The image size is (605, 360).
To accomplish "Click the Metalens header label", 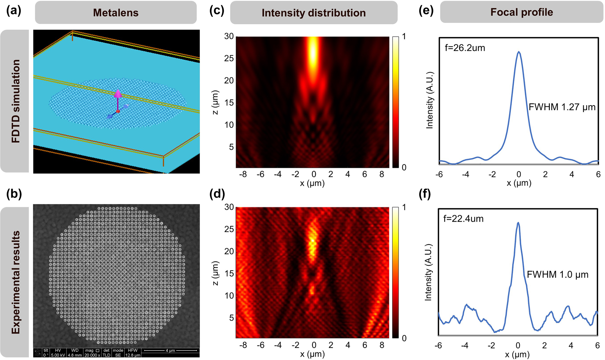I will (x=116, y=13).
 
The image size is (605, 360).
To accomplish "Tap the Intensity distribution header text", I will (x=313, y=13).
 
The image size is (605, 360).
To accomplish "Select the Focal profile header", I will (x=522, y=12).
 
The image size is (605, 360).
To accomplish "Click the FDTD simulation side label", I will (x=15, y=101).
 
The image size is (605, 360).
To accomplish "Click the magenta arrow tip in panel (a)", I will (x=118, y=93).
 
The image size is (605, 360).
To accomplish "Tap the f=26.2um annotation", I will (x=465, y=48).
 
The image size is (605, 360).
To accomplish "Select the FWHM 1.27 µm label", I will (x=562, y=107).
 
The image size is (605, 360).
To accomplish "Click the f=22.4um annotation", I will (x=463, y=219).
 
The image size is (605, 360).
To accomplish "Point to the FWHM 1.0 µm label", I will (x=558, y=274).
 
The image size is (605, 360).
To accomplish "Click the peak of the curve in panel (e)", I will (x=519, y=52).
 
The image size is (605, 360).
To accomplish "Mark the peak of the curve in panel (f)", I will (x=518, y=223).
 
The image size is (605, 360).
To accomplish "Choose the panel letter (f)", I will (x=425, y=194).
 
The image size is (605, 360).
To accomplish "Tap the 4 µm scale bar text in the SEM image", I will (x=170, y=351).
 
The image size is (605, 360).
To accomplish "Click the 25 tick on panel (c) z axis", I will (x=229, y=58).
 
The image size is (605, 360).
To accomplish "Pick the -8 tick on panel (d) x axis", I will (x=243, y=345).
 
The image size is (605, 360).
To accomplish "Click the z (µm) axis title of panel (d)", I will (x=215, y=273).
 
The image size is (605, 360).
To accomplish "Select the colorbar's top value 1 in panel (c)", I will (x=404, y=37).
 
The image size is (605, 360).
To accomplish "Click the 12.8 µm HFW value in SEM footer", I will (x=133, y=355).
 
